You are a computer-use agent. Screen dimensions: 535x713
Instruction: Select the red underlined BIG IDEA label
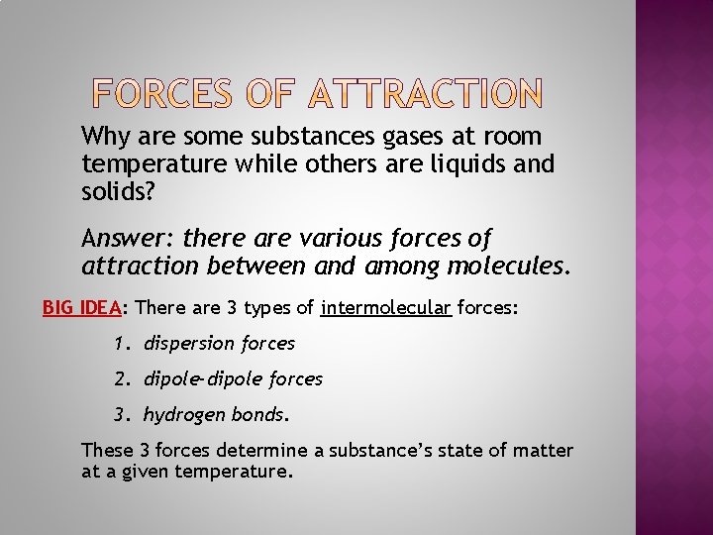pyautogui.click(x=81, y=308)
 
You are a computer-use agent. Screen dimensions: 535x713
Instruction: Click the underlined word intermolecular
pyautogui.click(x=386, y=308)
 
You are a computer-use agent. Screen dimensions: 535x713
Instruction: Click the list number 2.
pyautogui.click(x=120, y=378)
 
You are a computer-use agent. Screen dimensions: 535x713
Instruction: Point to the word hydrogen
pyautogui.click(x=184, y=414)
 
